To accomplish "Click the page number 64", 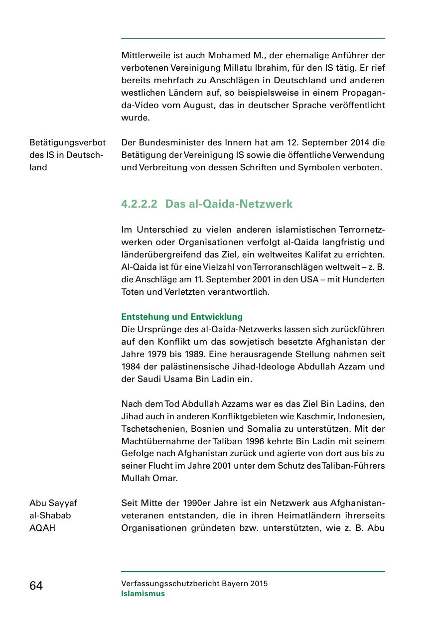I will tap(36, 586).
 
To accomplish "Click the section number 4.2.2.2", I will tap(139, 204).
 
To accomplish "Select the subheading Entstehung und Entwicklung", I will tap(182, 317).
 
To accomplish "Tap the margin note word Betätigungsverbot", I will tap(68, 143).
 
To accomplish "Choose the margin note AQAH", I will tap(42, 528).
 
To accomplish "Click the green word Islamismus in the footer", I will tap(143, 594).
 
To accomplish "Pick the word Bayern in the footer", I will tap(234, 584).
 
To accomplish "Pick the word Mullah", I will tap(135, 479).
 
